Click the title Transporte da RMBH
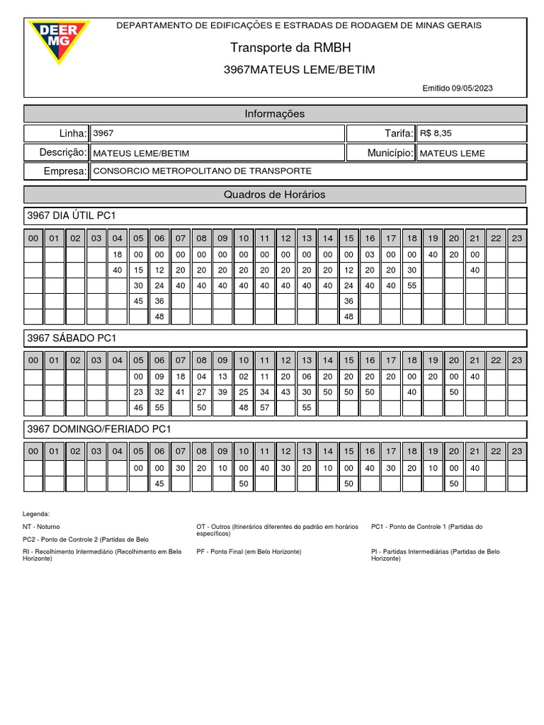coord(290,47)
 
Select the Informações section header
coord(275,113)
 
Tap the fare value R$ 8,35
coord(436,133)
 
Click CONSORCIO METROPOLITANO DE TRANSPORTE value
coord(202,171)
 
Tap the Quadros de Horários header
coord(275,194)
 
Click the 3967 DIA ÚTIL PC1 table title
coord(71,215)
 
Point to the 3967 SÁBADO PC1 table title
coord(71,338)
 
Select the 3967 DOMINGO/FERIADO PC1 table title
coord(99,429)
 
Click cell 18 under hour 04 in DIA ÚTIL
coord(118,254)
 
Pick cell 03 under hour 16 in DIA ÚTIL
coord(370,254)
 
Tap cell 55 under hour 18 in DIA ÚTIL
coord(412,285)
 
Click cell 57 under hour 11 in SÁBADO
coord(264,408)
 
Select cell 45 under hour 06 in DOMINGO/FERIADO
coord(159,484)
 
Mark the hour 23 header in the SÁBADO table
coord(517,360)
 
